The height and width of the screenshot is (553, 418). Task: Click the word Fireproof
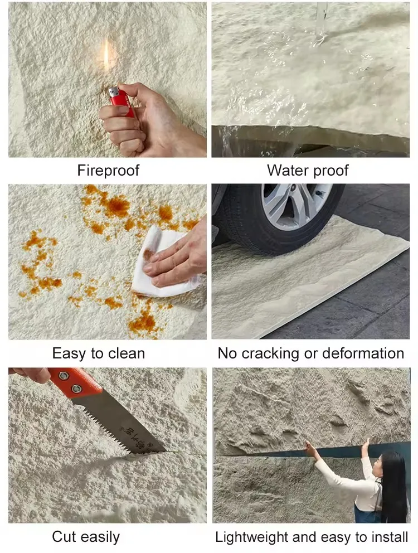click(108, 171)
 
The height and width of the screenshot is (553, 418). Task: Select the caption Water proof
click(308, 171)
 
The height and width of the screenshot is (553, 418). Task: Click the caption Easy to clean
click(99, 353)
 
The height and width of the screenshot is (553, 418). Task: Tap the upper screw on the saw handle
click(64, 375)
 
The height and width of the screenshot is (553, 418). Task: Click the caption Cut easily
click(86, 537)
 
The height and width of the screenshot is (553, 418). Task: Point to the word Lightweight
click(252, 537)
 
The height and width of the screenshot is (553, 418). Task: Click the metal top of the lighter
click(113, 92)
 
